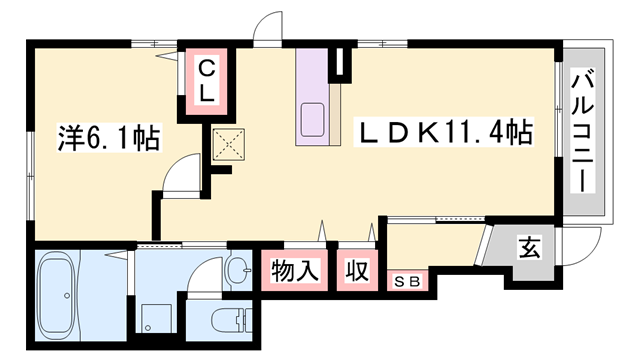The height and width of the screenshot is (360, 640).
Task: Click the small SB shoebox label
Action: click(x=408, y=281)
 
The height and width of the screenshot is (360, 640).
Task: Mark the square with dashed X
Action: click(x=231, y=144)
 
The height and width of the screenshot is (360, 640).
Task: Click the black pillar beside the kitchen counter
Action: click(x=342, y=63)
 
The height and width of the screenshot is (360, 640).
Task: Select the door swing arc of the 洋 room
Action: click(x=180, y=177)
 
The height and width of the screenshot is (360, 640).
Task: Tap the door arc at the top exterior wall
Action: click(x=268, y=28)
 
